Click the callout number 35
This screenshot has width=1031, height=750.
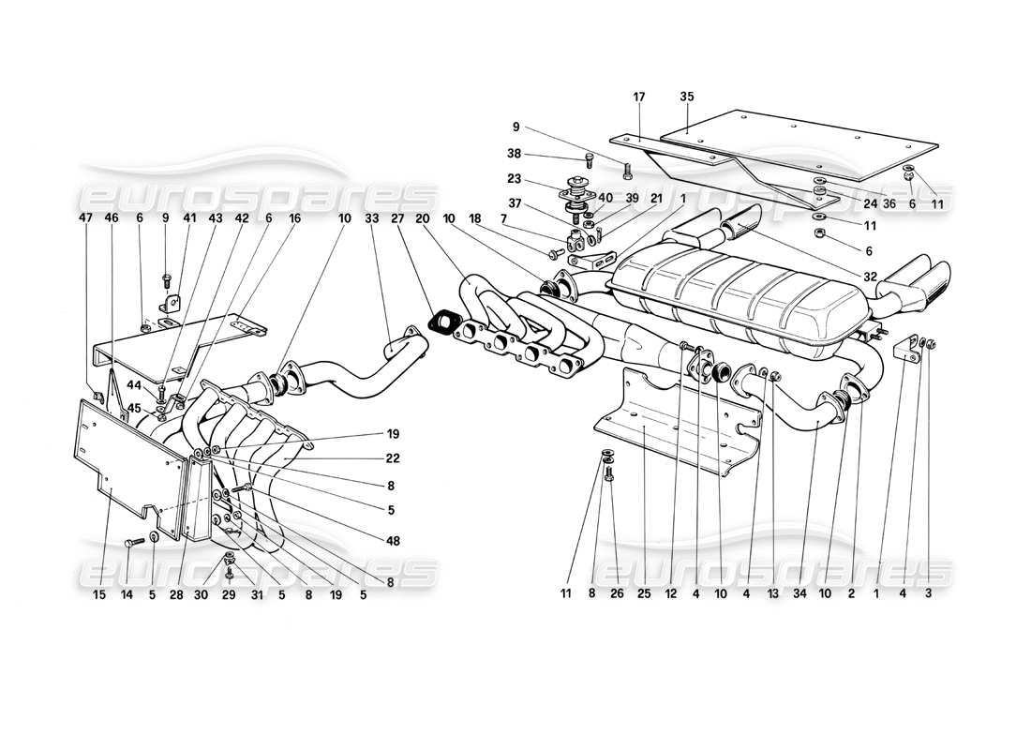(x=687, y=97)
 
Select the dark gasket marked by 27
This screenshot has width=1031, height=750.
(x=441, y=322)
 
